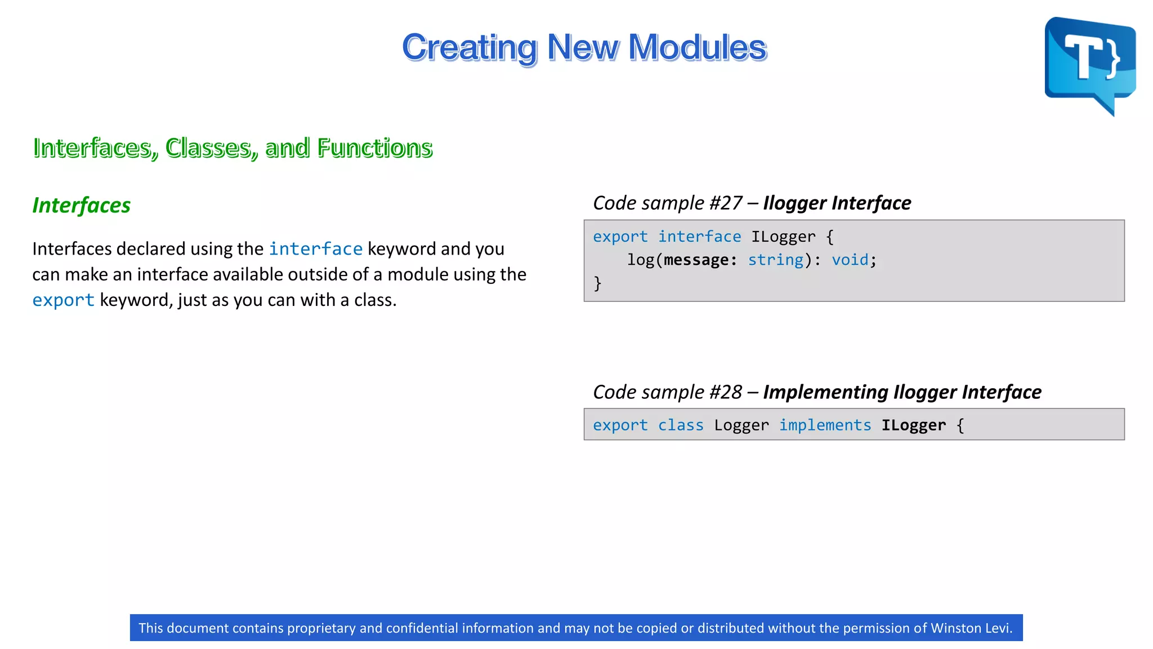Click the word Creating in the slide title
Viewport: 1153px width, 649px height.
tap(470, 47)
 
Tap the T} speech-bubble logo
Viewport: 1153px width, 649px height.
tap(1089, 62)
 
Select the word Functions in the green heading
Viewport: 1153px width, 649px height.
tap(374, 148)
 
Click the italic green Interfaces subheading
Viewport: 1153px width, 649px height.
tap(81, 205)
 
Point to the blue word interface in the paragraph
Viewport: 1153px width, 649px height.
tap(315, 248)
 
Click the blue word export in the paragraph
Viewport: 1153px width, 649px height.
tap(63, 300)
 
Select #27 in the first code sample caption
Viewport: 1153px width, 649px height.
tap(726, 203)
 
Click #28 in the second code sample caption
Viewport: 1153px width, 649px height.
tap(726, 392)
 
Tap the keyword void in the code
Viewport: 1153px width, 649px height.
tap(850, 260)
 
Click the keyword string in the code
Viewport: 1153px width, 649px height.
tap(775, 260)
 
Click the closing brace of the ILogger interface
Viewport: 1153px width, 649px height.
tap(597, 283)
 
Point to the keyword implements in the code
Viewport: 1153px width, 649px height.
tap(825, 425)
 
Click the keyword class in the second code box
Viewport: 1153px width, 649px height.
tap(681, 425)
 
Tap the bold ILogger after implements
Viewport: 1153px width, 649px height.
tap(913, 425)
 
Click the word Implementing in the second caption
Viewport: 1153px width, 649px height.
tap(825, 392)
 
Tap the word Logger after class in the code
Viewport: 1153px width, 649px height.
tap(741, 425)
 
